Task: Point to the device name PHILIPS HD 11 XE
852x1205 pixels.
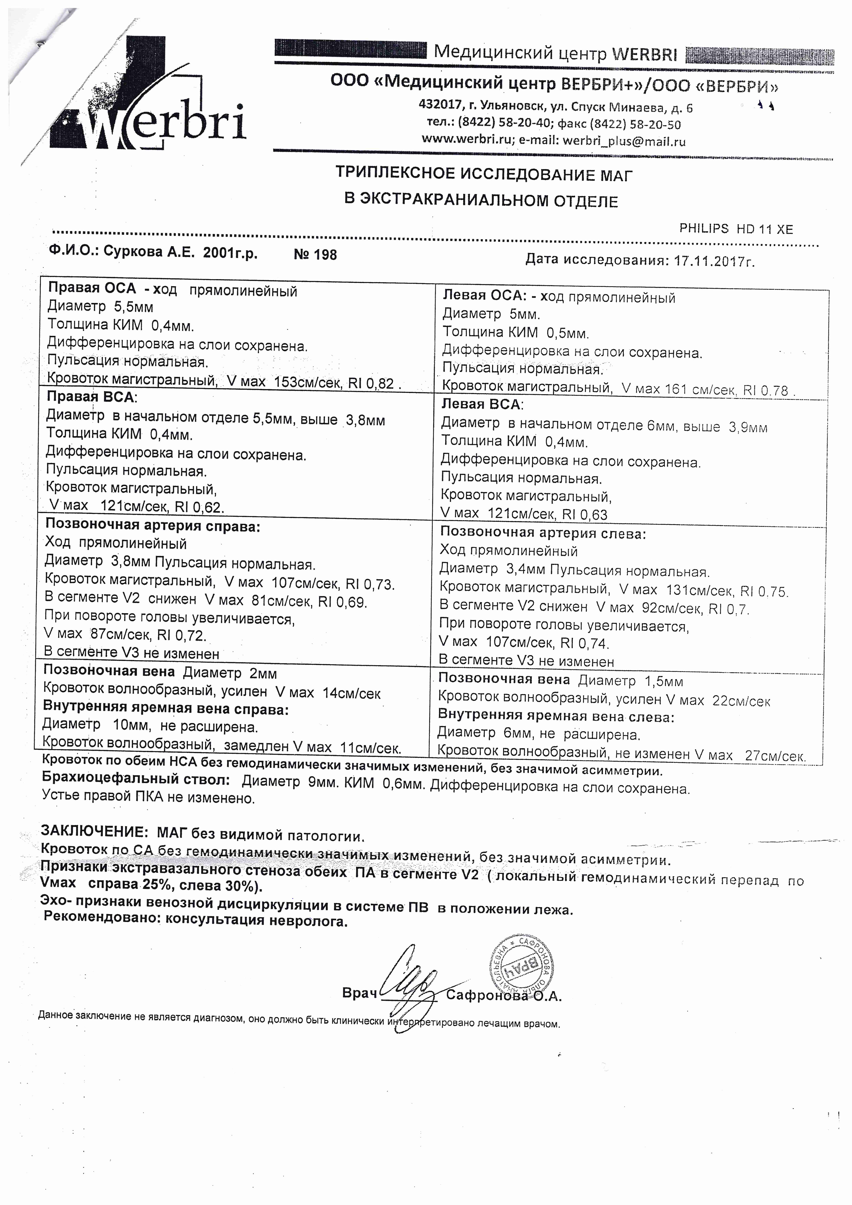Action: pyautogui.click(x=736, y=229)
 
